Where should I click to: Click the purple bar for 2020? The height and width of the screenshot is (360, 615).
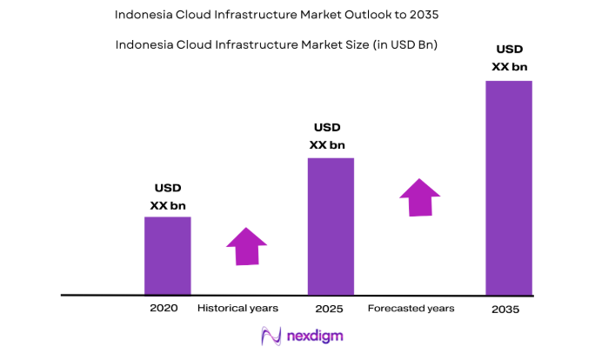[x=167, y=256]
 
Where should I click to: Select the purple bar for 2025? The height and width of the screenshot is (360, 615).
[x=331, y=226]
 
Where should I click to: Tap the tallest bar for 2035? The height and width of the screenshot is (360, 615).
[x=509, y=188]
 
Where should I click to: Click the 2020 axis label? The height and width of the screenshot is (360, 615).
[x=164, y=309]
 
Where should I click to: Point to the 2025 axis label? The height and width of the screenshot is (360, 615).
[x=330, y=310]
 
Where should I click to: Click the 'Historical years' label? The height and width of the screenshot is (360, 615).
[x=237, y=309]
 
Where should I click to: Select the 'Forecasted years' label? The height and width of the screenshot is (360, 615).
[x=411, y=309]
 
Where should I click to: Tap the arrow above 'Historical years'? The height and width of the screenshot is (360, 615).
[x=247, y=246]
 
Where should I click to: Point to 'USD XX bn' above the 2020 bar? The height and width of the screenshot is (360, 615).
[x=168, y=197]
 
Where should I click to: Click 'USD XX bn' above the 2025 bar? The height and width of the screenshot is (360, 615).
[x=331, y=136]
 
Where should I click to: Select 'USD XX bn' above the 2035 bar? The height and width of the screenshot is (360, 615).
[x=509, y=57]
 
